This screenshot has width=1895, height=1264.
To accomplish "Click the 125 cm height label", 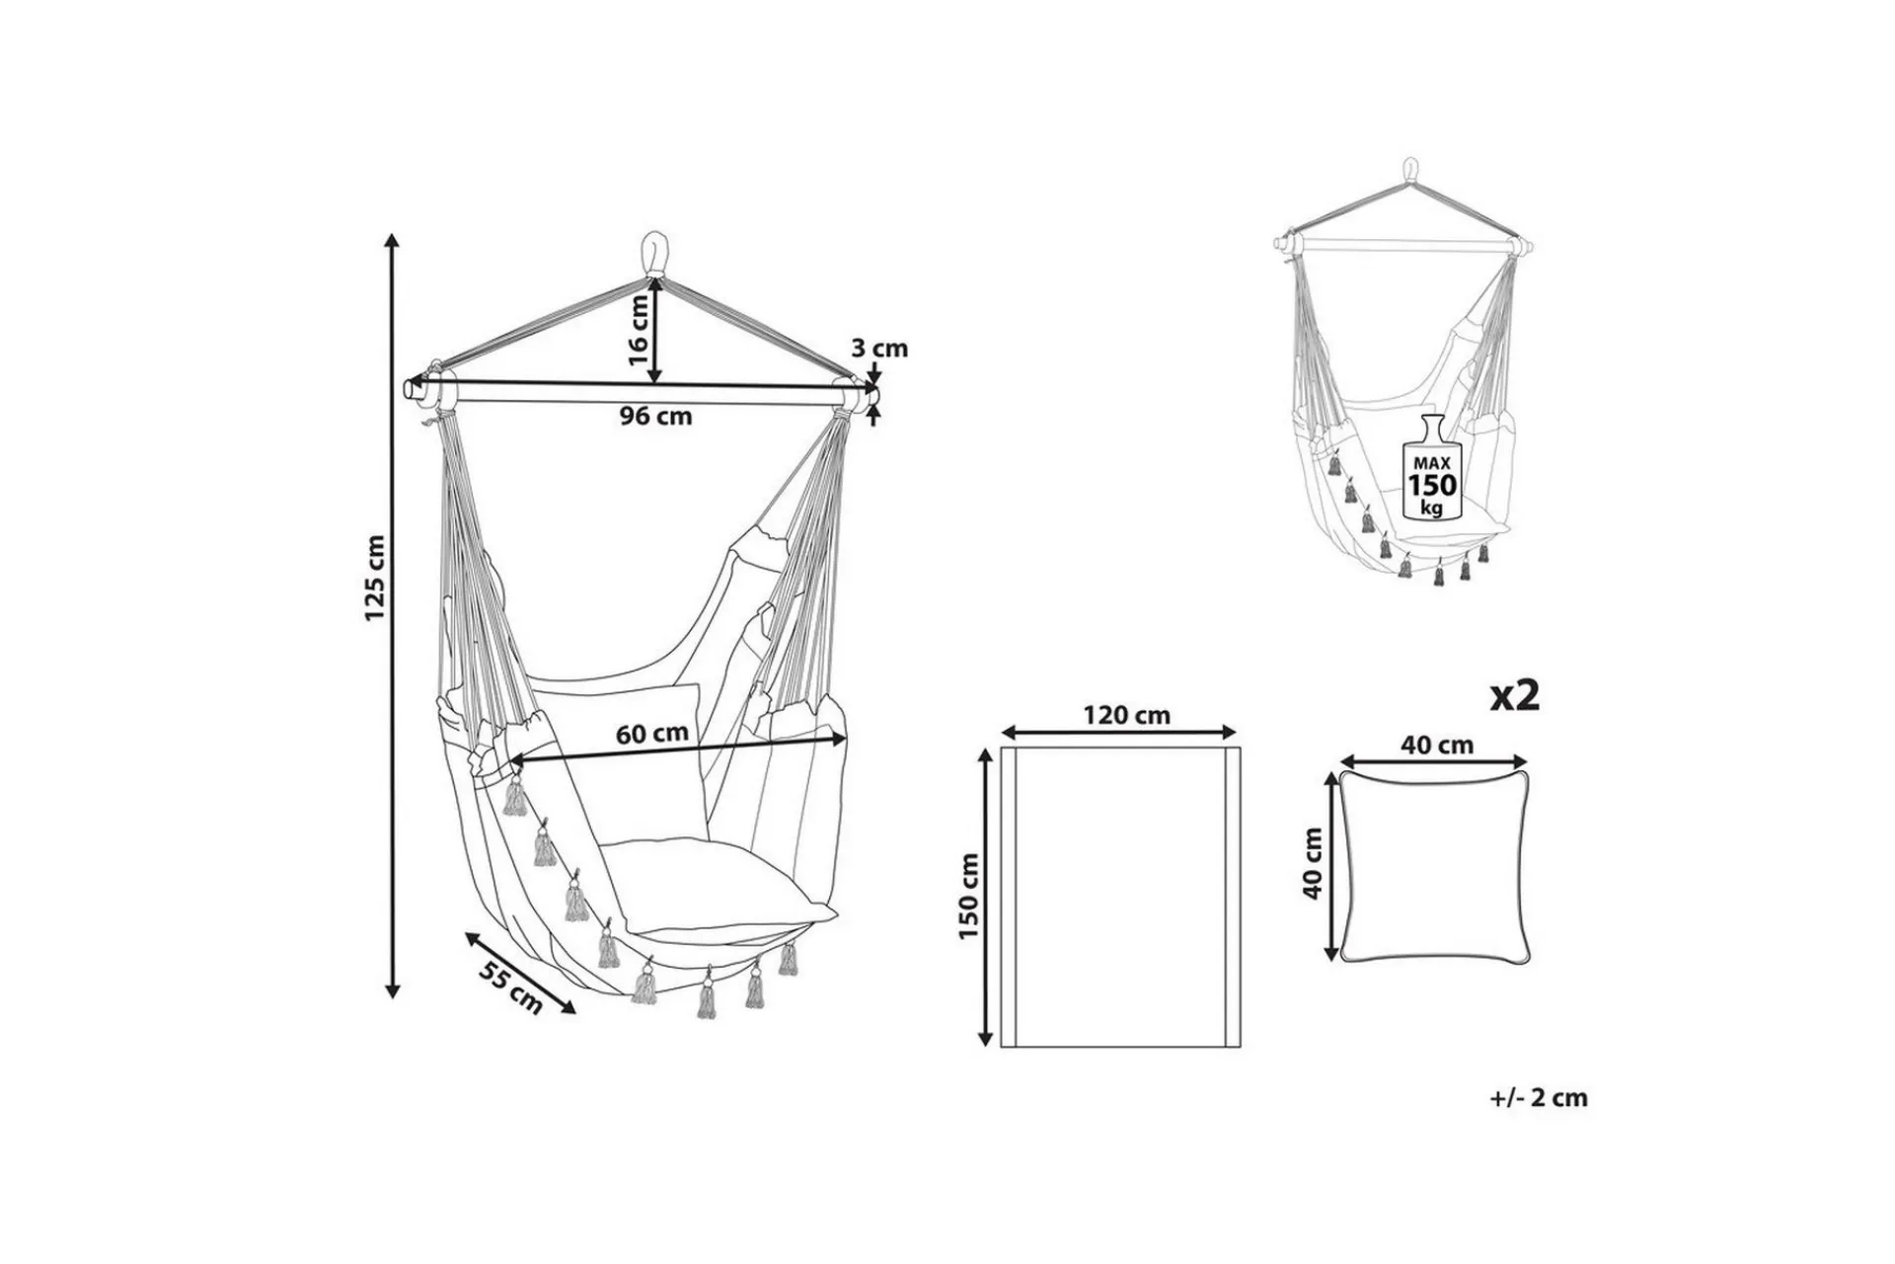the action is click(x=374, y=578).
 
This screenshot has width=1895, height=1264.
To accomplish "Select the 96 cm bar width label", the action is click(x=656, y=417).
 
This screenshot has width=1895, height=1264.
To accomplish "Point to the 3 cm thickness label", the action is click(x=879, y=349).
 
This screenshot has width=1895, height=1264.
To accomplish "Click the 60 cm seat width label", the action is click(x=652, y=735).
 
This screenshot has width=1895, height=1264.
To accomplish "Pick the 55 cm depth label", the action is click(x=511, y=986).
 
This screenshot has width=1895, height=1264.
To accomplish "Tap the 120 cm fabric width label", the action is click(x=1126, y=715).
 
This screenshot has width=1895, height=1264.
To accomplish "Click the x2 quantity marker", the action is click(x=1515, y=696).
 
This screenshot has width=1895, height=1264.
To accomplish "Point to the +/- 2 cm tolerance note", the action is click(x=1540, y=1097).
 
